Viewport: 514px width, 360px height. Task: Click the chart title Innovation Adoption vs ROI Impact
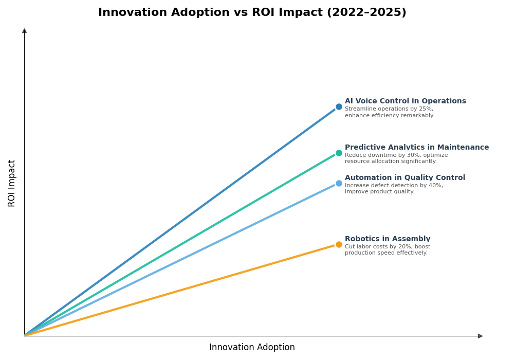click(252, 13)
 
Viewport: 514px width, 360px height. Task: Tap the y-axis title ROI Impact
click(12, 183)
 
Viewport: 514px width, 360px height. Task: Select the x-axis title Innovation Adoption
click(252, 348)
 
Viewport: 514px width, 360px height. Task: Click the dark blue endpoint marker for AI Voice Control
click(339, 107)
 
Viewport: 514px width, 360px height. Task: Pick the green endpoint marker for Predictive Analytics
click(339, 153)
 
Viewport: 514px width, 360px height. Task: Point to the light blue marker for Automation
click(339, 184)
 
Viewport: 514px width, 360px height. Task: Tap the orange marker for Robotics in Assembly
click(339, 245)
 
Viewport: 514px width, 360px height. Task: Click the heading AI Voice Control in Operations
click(405, 101)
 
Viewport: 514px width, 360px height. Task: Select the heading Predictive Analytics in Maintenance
click(416, 148)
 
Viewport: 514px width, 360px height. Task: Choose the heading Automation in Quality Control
click(405, 178)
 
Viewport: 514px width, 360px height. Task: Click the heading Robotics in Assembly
click(387, 239)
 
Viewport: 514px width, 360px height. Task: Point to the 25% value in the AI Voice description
click(425, 109)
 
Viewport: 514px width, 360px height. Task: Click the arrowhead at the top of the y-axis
click(24, 31)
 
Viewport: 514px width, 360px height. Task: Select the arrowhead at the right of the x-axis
click(480, 336)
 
